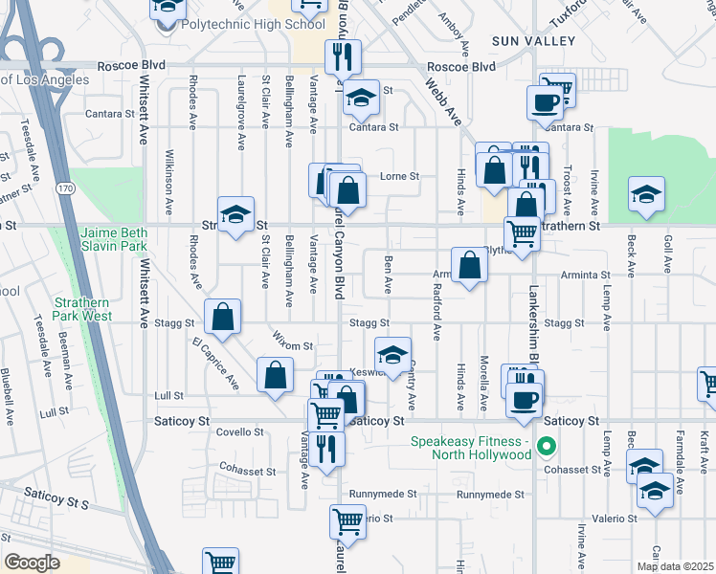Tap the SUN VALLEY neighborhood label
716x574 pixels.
533,40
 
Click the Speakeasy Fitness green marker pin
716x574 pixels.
547,446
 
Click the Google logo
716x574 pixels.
32,563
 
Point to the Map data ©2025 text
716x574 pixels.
674,566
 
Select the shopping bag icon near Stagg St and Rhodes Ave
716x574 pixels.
222,318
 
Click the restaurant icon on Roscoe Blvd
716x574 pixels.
343,57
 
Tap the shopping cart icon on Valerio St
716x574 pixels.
347,522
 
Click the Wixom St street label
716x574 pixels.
296,343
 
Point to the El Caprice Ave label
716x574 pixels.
214,364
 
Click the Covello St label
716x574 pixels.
238,432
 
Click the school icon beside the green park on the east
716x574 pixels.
647,194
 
